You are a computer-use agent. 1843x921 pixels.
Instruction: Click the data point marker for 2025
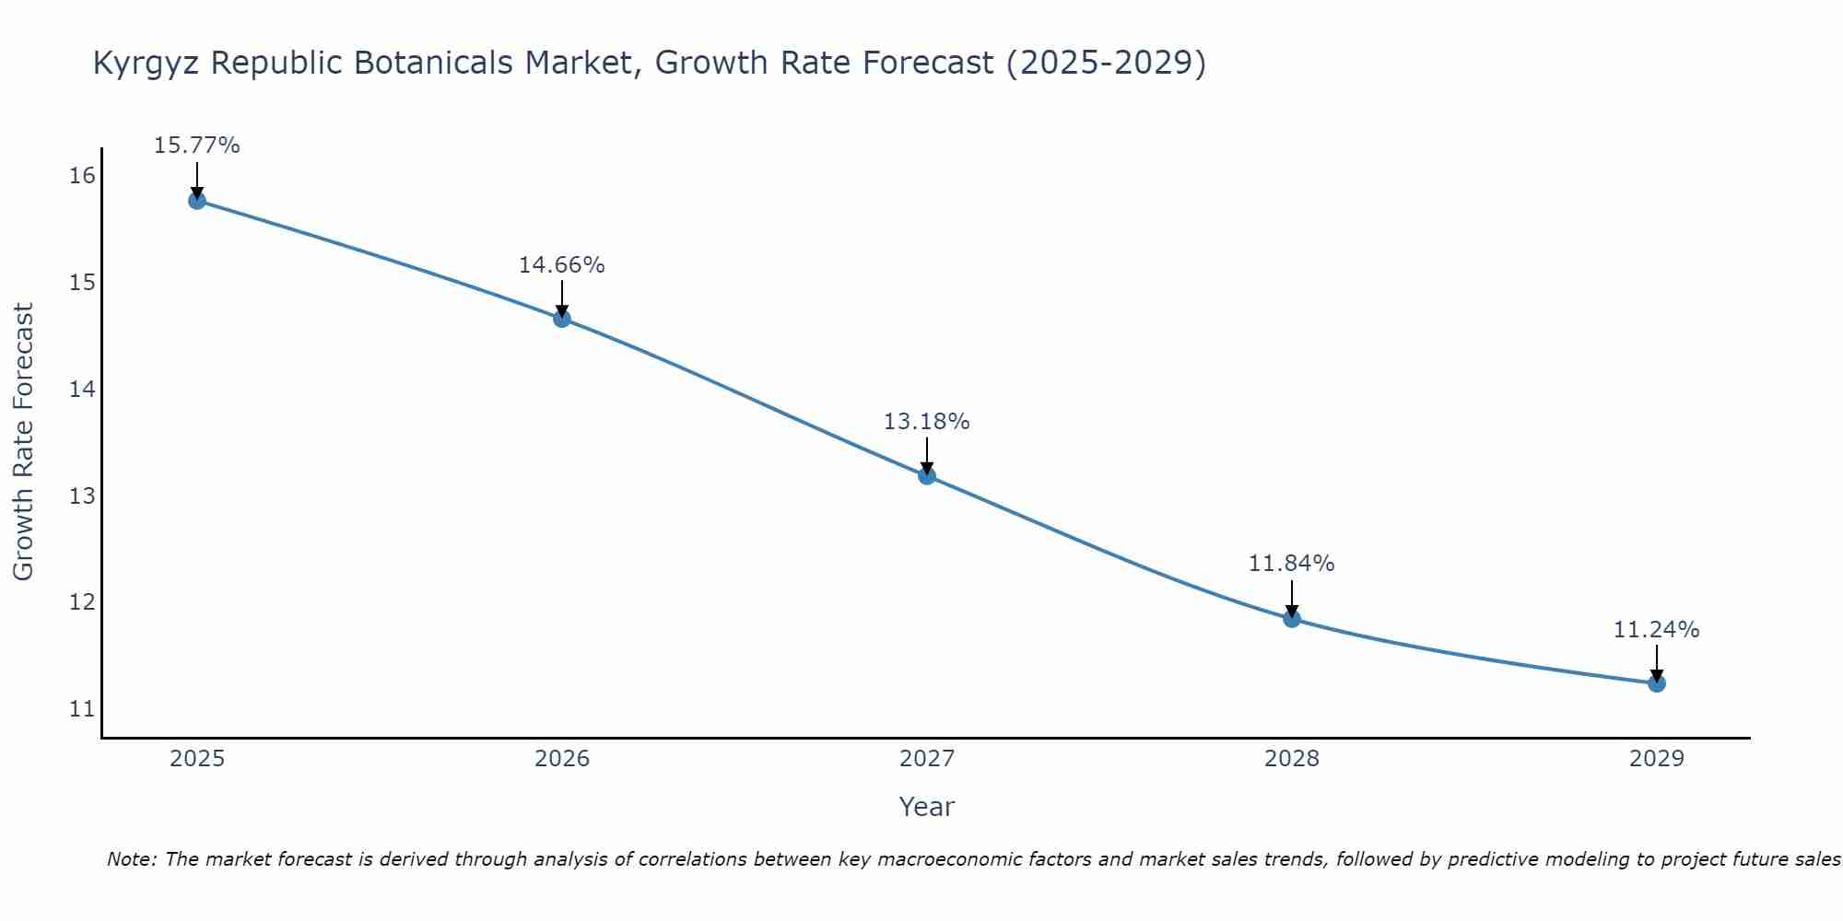[197, 201]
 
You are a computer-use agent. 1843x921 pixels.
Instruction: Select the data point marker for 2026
[562, 319]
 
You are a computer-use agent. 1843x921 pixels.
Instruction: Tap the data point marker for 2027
[927, 476]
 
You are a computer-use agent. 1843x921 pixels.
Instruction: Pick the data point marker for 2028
[1292, 619]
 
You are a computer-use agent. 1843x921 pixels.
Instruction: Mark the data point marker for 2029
[1657, 683]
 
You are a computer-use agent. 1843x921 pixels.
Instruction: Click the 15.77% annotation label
[196, 146]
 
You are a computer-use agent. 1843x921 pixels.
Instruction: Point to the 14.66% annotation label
[561, 265]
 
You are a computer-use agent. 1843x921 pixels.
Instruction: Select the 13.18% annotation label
[926, 422]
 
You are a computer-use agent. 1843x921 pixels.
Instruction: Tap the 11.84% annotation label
[1291, 564]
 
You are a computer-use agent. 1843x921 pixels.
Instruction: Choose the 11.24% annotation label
[1656, 630]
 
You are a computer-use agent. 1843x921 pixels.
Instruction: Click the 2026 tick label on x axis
[562, 759]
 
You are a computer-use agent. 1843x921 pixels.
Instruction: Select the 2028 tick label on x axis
[1292, 759]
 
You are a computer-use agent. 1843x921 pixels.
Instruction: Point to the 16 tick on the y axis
[82, 176]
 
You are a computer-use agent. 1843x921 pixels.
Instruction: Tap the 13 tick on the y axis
[82, 496]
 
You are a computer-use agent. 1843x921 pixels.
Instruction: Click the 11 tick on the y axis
[82, 709]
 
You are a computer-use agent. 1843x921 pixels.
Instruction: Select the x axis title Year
[926, 807]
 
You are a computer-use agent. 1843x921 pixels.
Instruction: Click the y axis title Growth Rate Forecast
[24, 442]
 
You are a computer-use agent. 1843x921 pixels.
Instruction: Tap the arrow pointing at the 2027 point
[927, 456]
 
